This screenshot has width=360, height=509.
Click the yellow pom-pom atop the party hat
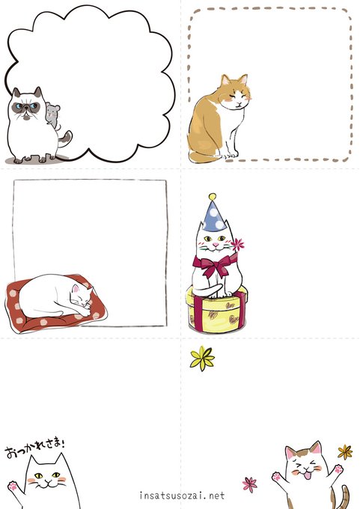pyautogui.click(x=213, y=197)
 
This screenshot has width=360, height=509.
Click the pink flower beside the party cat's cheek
pyautogui.click(x=238, y=245)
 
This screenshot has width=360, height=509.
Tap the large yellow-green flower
pyautogui.click(x=202, y=359)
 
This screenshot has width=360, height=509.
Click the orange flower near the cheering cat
pyautogui.click(x=345, y=452)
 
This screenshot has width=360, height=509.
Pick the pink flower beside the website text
pyautogui.click(x=250, y=484)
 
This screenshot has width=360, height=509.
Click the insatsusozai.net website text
pyautogui.click(x=182, y=496)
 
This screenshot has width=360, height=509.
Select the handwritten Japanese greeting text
pyautogui.click(x=35, y=448)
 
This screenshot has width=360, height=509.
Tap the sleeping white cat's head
pyautogui.click(x=81, y=297)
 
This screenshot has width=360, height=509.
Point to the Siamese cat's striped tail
pyautogui.click(x=64, y=139)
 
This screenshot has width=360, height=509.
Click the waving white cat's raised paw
pyautogui.click(x=13, y=486)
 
